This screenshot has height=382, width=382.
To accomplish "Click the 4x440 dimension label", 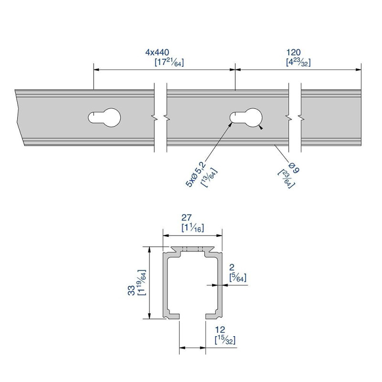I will (157, 52).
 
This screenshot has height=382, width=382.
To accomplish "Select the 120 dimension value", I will (293, 52).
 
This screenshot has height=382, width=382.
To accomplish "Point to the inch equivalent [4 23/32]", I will (298, 63).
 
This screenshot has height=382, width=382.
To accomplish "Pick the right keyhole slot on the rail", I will (247, 117).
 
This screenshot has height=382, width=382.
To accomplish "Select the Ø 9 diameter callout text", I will (292, 169).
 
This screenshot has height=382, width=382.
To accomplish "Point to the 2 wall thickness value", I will (232, 268).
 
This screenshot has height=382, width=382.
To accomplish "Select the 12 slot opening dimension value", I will (220, 330).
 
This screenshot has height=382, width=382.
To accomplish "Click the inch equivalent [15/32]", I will (225, 340).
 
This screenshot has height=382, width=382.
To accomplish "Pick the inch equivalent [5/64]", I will (237, 277).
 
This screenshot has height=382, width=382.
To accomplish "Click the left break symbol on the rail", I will (160, 117).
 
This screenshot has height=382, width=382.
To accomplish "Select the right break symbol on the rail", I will (295, 117).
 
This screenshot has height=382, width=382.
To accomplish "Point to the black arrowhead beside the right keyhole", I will (260, 127).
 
